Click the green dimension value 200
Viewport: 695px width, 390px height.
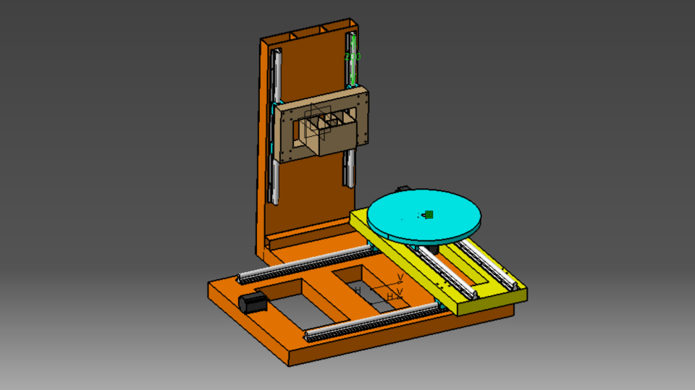[353, 56]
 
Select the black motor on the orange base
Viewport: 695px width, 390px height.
[253, 303]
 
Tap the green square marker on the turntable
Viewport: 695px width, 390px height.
[429, 214]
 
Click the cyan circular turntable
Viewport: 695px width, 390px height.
[424, 213]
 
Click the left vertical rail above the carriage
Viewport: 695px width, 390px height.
[276, 76]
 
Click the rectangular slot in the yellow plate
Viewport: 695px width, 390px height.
[475, 268]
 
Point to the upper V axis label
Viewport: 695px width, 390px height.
[400, 277]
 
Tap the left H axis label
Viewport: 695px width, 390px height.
[358, 290]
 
